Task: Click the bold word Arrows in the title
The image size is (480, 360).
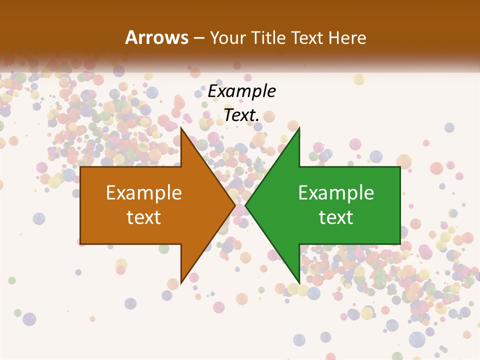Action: (x=156, y=37)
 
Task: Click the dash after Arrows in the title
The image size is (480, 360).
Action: (x=198, y=38)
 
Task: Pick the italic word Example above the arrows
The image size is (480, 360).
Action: (x=241, y=91)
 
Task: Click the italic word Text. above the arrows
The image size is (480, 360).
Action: (x=241, y=115)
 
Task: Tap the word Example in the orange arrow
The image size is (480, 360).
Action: (x=144, y=193)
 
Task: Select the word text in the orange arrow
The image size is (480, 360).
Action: (x=144, y=217)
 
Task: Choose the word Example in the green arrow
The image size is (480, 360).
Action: (x=336, y=193)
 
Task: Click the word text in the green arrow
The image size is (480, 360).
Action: (x=336, y=217)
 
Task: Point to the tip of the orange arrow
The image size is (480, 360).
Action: (x=235, y=205)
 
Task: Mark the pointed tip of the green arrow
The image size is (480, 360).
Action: (x=245, y=205)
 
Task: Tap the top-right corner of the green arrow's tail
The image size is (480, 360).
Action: (x=400, y=167)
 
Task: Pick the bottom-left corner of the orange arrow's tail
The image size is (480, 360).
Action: (x=80, y=244)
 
